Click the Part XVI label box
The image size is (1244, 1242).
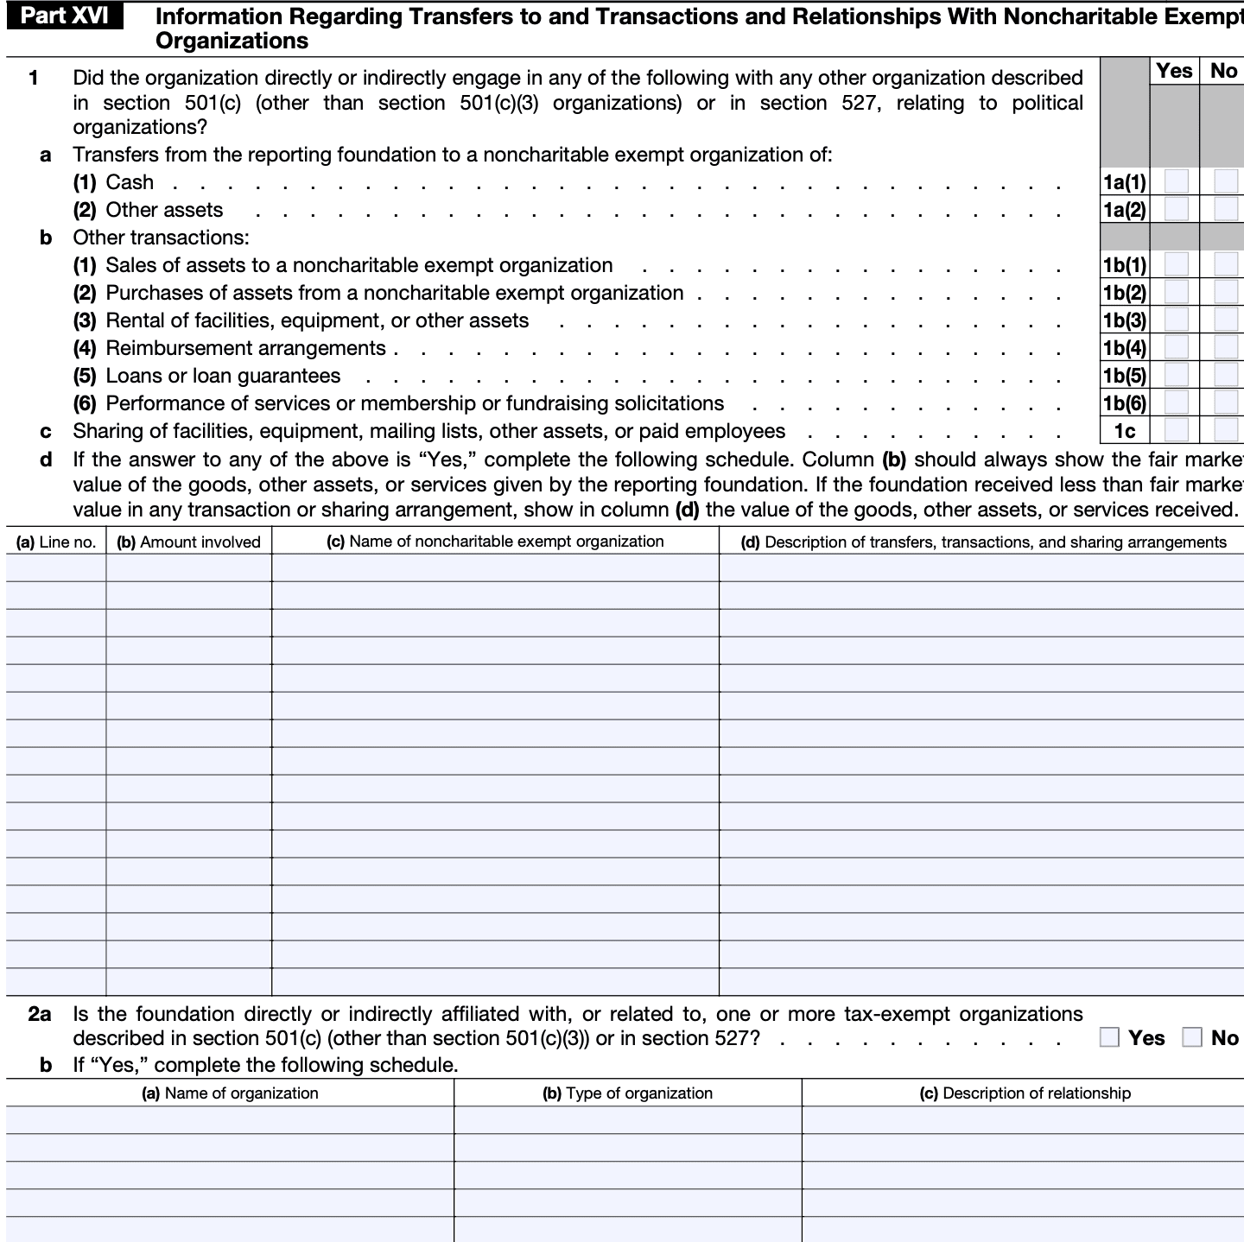pos(64,16)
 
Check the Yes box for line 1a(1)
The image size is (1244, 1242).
pos(1176,181)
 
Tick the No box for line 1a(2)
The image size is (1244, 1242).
pos(1225,209)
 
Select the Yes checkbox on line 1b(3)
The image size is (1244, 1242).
pos(1176,320)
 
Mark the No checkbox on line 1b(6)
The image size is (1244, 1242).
pos(1225,402)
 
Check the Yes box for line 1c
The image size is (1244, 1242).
pos(1176,430)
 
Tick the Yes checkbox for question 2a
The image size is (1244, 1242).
pos(1109,1037)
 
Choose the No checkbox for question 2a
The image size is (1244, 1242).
pos(1192,1037)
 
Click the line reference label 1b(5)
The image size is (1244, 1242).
pos(1125,376)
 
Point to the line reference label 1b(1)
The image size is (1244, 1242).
pos(1125,265)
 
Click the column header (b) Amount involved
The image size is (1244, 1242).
pos(188,542)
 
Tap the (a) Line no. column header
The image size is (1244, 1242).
pos(56,542)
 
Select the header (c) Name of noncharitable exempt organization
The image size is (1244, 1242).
pos(495,542)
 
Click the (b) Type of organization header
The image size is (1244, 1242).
pos(627,1093)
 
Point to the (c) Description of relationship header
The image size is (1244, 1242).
pos(1024,1093)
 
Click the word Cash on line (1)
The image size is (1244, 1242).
pos(130,182)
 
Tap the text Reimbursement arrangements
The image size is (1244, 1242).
pos(245,348)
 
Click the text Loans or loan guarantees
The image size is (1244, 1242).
pos(223,376)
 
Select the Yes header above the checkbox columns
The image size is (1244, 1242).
pos(1174,71)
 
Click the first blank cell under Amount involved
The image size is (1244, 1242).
pos(188,567)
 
